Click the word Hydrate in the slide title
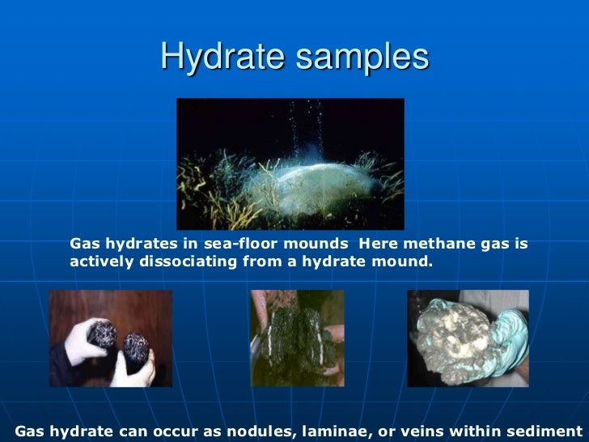(x=213, y=57)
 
